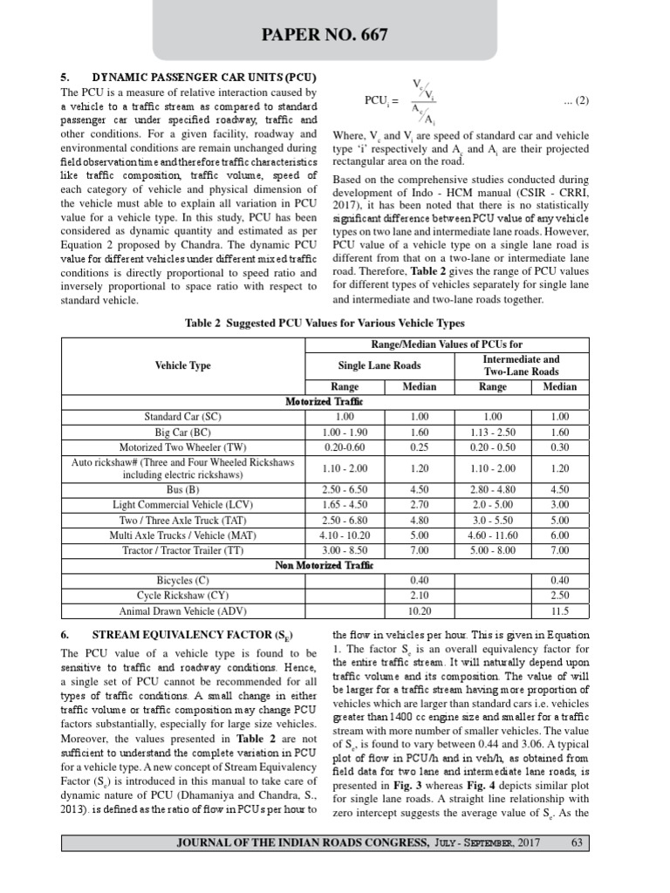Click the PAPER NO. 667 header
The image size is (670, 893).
click(335, 36)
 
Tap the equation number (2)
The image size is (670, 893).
click(578, 100)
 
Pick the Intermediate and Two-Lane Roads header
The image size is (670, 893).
click(521, 365)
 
